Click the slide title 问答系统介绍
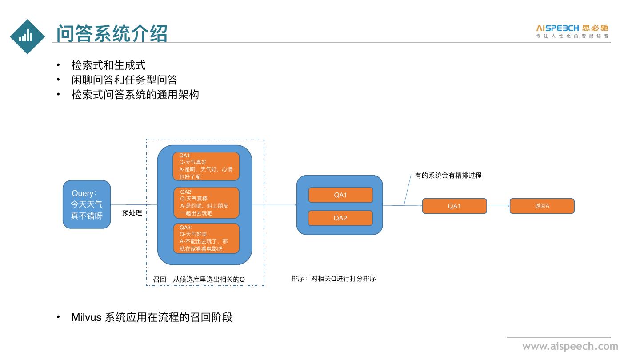click(112, 33)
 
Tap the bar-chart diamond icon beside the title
click(27, 36)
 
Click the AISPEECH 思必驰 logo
click(572, 31)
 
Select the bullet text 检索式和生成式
click(108, 65)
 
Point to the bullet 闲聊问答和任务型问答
click(124, 80)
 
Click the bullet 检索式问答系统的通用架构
click(135, 95)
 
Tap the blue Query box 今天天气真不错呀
click(87, 204)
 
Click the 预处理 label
click(132, 213)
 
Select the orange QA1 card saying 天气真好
click(206, 166)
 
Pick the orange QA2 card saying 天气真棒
click(206, 203)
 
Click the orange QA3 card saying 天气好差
click(206, 238)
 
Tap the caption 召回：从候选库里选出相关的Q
click(199, 280)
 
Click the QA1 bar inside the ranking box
click(340, 195)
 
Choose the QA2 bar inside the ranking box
click(340, 218)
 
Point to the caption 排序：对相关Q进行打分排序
click(334, 279)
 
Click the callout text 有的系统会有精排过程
click(448, 176)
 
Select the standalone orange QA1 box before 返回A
click(454, 206)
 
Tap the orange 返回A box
click(542, 206)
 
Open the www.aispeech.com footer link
click(570, 346)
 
